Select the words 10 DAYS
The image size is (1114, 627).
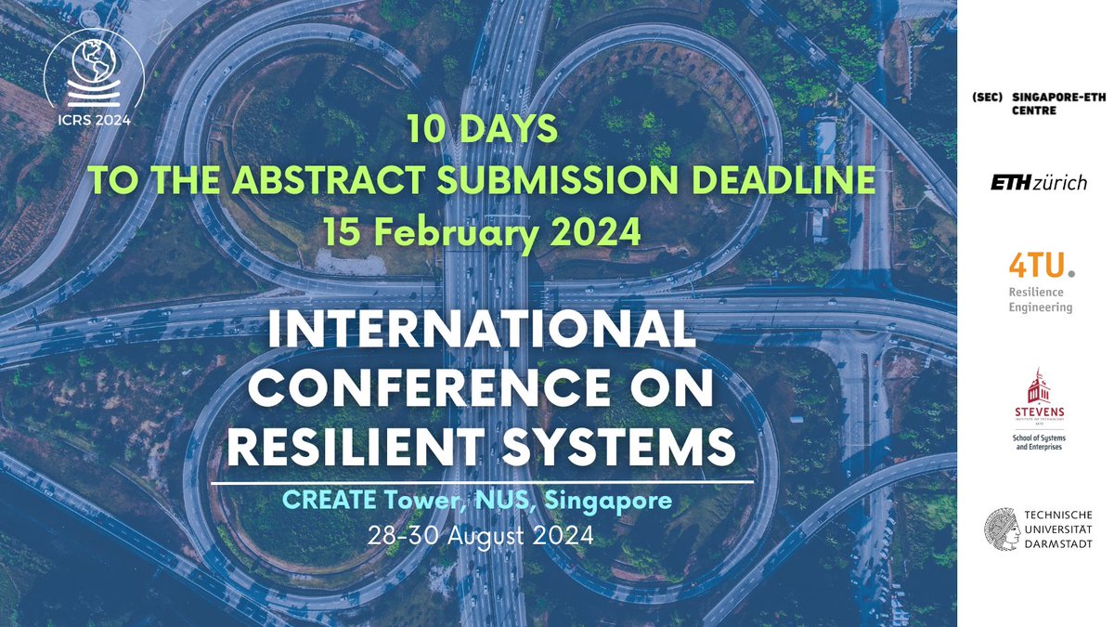pos(482,130)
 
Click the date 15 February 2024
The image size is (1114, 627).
pos(482,232)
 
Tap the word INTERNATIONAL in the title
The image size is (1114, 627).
pos(481,332)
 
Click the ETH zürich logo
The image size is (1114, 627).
pos(1038,183)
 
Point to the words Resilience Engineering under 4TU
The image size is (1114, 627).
pos(1040,299)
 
